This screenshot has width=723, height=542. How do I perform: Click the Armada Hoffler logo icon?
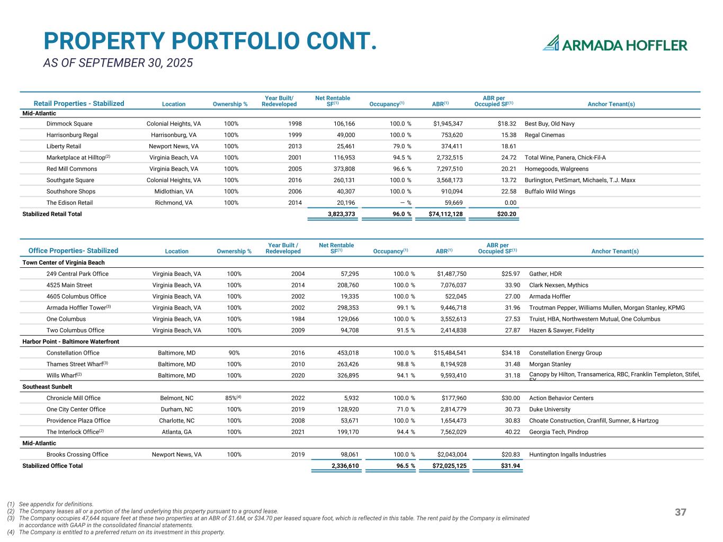[551, 43]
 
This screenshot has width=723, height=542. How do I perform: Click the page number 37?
[681, 512]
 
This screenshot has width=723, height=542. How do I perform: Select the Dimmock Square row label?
[69, 124]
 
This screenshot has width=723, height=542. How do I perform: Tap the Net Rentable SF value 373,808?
[341, 169]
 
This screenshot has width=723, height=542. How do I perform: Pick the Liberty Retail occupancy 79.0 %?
[400, 146]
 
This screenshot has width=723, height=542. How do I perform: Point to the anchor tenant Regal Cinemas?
[545, 135]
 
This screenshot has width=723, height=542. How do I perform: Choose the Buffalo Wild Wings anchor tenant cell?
[550, 192]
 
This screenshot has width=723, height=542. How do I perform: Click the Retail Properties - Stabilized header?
[79, 104]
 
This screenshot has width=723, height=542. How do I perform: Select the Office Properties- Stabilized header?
[73, 251]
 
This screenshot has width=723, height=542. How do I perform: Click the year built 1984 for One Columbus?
[298, 319]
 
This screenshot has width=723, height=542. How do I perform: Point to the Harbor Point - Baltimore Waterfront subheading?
[70, 342]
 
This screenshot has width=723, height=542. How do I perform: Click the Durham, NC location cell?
[176, 410]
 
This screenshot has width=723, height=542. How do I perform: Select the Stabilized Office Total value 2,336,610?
[345, 466]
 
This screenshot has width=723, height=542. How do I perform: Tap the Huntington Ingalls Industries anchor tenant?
[567, 455]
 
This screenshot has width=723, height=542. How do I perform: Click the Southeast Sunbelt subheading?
[47, 387]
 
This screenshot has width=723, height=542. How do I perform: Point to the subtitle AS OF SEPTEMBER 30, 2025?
[118, 63]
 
